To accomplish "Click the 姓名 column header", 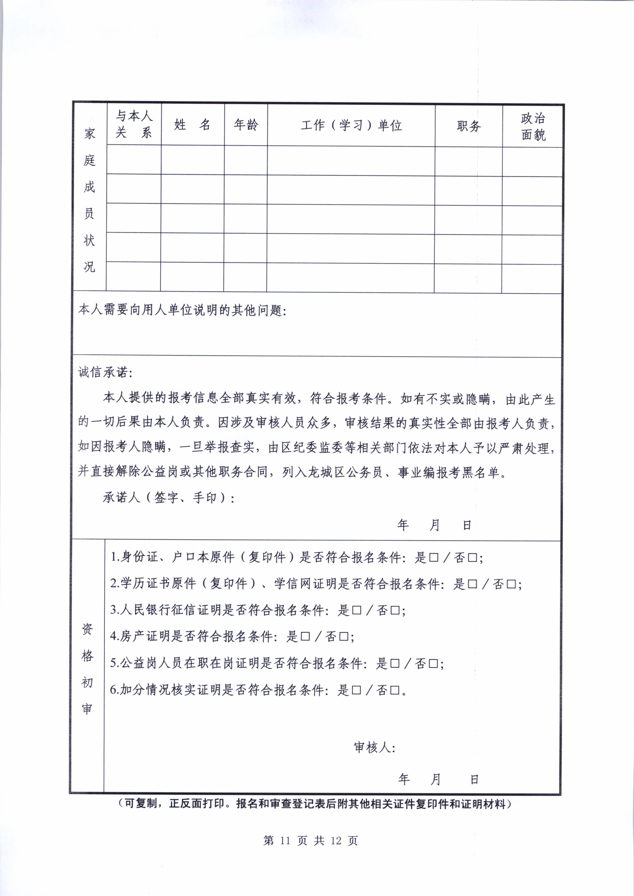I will (193, 125).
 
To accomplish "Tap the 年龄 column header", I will (246, 125).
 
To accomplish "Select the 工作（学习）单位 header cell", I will (351, 125).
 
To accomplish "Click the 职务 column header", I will (469, 126).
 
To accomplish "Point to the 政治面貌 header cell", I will (533, 126).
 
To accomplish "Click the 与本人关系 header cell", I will (133, 124).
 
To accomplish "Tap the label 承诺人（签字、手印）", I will (168, 497).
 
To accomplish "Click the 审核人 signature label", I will (374, 747).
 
